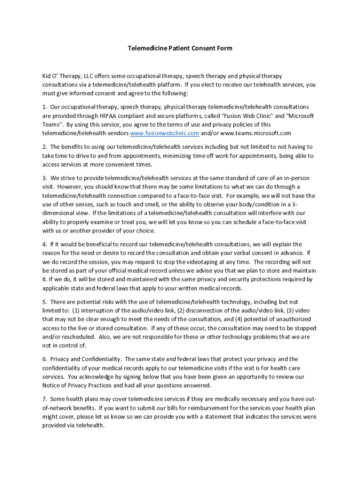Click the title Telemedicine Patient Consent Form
pyautogui.click(x=180, y=48)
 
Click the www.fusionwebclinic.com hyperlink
pyautogui.click(x=165, y=133)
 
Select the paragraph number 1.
pyautogui.click(x=44, y=107)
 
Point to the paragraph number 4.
pyautogui.click(x=44, y=244)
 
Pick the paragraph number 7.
pyautogui.click(x=44, y=399)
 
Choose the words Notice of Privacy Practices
pyautogui.click(x=77, y=385)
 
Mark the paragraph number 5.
pyautogui.click(x=44, y=302)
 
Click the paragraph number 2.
pyautogui.click(x=44, y=147)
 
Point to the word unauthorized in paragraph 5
pyautogui.click(x=295, y=319)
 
